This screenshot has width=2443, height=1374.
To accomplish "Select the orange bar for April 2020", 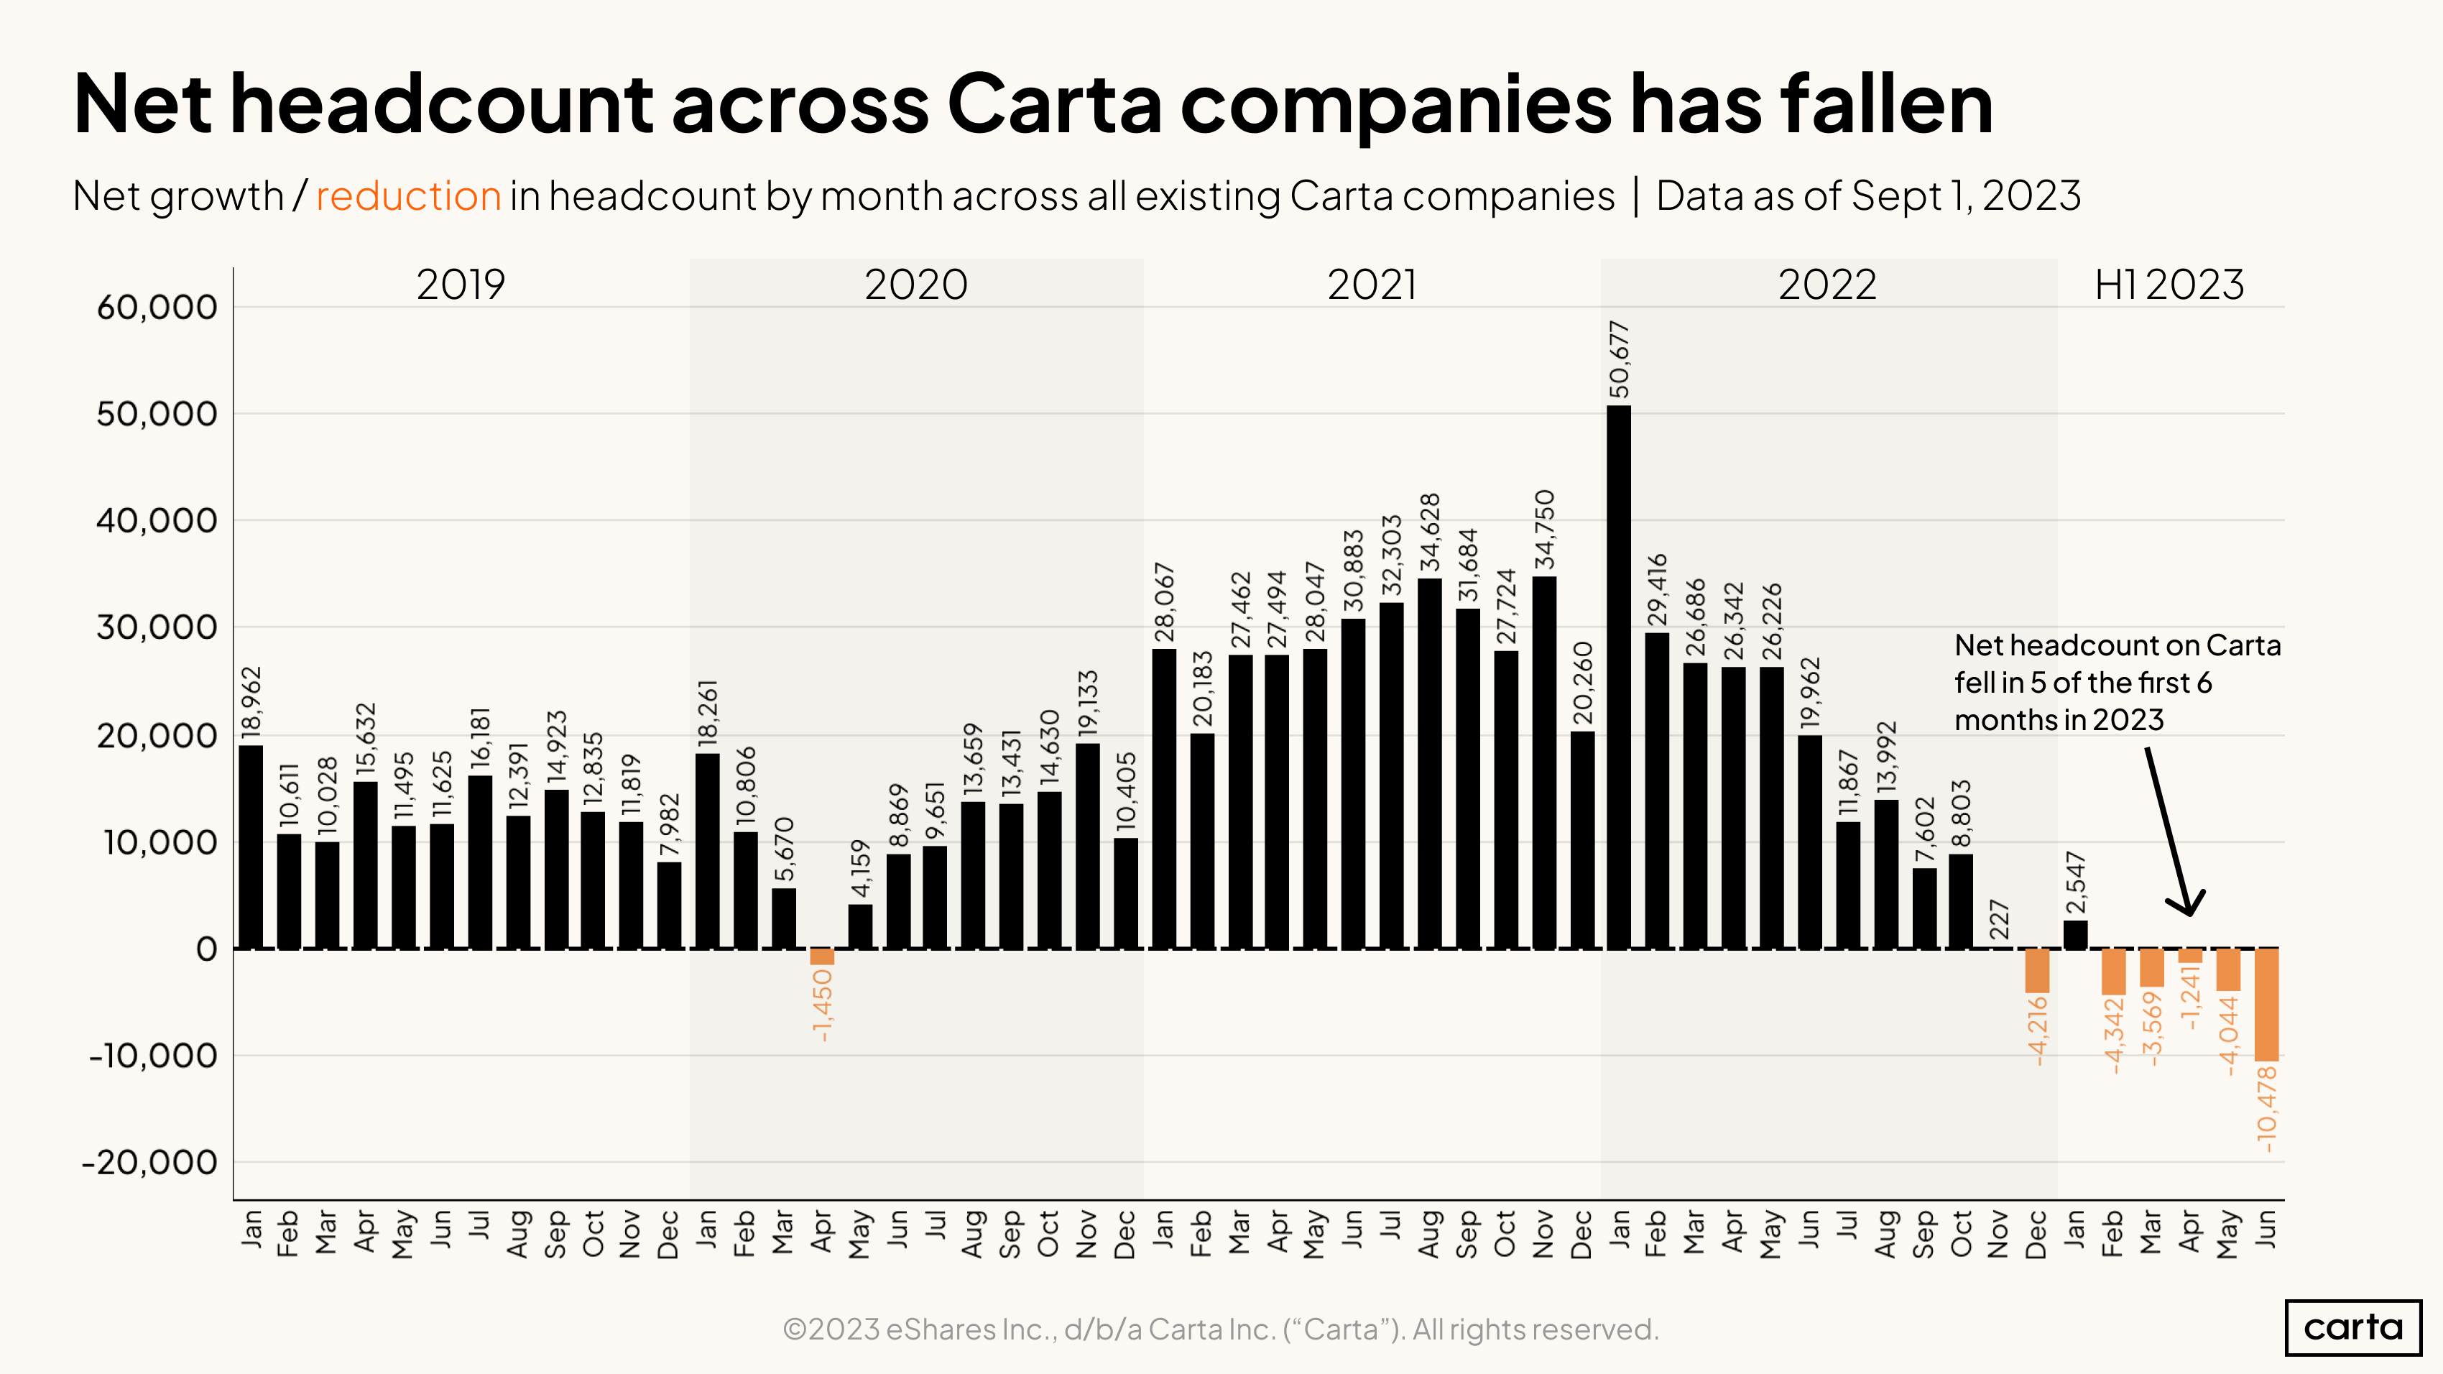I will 821,956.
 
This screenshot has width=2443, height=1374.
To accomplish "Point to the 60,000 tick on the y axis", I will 157,308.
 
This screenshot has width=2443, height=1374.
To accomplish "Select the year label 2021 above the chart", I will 1372,285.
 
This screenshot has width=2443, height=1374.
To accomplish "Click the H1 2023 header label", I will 2169,285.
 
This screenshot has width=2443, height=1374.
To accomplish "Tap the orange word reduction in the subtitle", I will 408,196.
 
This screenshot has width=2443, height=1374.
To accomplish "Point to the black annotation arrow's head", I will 2190,908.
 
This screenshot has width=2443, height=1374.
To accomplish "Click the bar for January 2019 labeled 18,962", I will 250,847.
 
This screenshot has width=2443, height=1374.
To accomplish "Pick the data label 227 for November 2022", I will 1999,920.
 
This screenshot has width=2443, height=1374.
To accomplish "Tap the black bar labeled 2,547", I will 2075,934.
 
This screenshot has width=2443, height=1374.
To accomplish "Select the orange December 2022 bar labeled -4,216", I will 2036,971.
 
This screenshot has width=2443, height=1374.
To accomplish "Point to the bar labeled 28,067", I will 1163,798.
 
